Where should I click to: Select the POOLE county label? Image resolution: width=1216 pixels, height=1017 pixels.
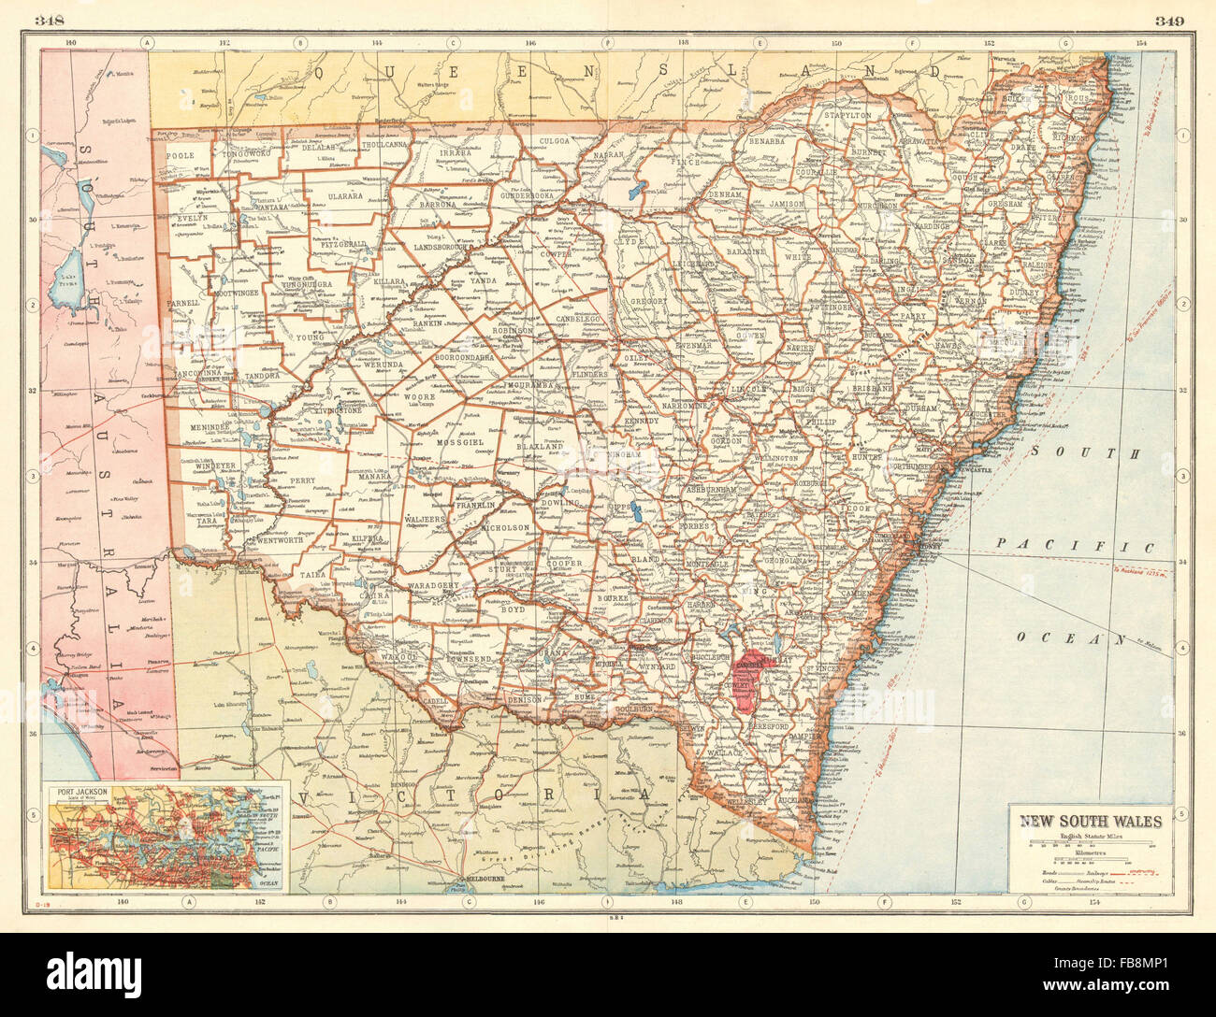178,155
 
